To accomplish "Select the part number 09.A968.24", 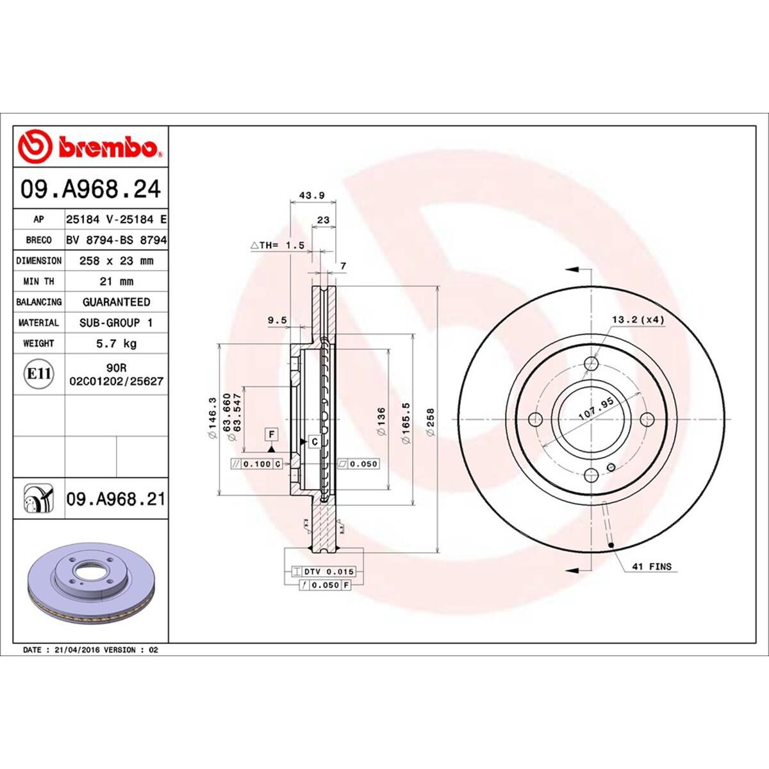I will pyautogui.click(x=90, y=190).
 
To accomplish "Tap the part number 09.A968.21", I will pyautogui.click(x=115, y=499).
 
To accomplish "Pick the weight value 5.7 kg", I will pyautogui.click(x=115, y=343).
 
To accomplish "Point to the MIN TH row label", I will pyautogui.click(x=38, y=281).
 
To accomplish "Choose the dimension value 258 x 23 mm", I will pyautogui.click(x=115, y=261).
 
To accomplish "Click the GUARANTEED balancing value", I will pyautogui.click(x=115, y=302).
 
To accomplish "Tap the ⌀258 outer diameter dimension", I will pyautogui.click(x=431, y=422).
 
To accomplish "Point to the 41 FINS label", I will pyautogui.click(x=652, y=566).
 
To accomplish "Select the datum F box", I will pyautogui.click(x=272, y=435).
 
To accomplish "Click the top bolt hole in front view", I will pyautogui.click(x=591, y=364).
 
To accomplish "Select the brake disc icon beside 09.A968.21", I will pyautogui.click(x=38, y=499).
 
